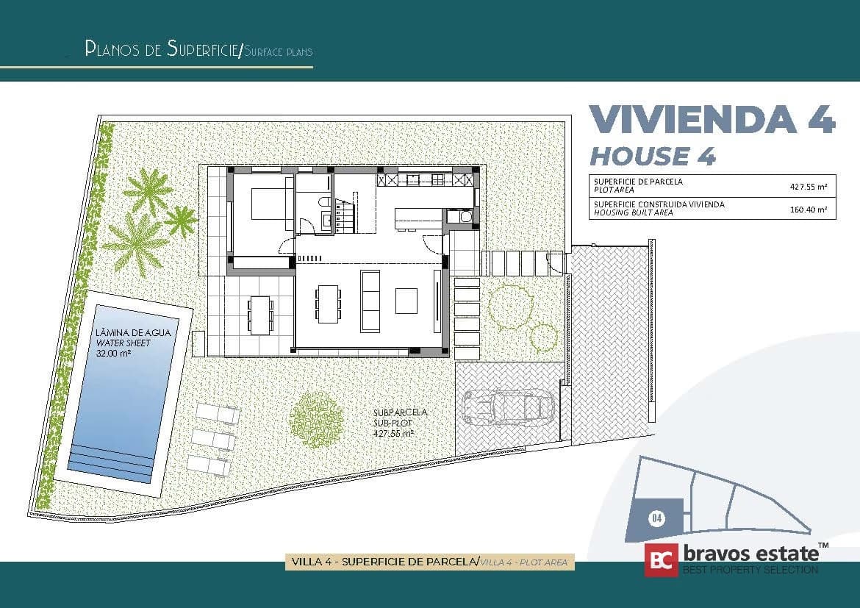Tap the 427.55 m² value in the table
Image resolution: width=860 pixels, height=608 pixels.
click(809, 187)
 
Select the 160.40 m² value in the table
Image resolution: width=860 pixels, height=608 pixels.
click(809, 209)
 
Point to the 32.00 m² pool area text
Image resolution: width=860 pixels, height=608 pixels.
click(113, 354)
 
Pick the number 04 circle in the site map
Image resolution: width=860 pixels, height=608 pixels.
click(657, 518)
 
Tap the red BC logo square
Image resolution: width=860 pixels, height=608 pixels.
click(661, 559)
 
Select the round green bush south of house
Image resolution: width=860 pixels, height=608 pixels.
click(317, 420)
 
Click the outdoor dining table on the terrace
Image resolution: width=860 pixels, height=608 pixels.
click(260, 315)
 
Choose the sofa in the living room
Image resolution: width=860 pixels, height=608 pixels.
click(370, 301)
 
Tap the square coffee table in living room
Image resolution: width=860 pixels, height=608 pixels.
click(406, 301)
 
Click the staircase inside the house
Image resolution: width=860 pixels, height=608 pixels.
click(345, 213)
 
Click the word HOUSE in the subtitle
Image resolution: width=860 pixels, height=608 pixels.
click(639, 157)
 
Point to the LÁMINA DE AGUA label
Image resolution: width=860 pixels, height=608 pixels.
click(133, 332)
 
